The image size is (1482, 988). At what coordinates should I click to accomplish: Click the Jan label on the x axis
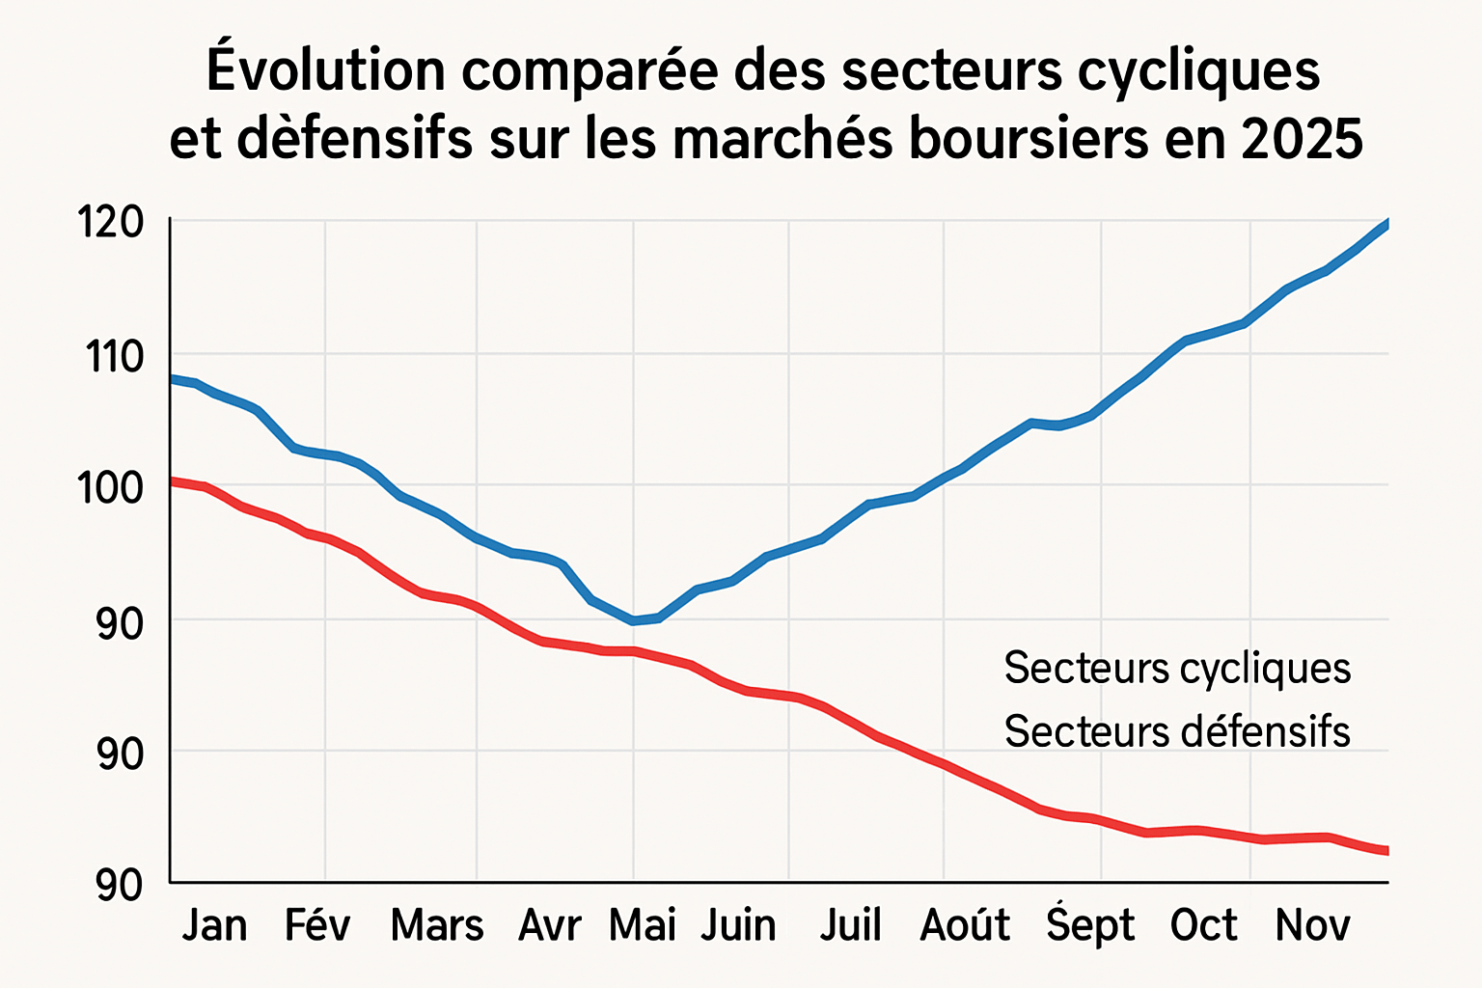[x=214, y=925]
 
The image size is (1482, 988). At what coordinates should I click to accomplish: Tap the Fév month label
[x=317, y=925]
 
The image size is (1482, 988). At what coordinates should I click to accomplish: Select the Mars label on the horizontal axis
[x=436, y=925]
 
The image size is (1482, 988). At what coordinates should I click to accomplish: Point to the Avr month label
[x=550, y=925]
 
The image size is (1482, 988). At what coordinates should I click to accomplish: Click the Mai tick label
[x=642, y=925]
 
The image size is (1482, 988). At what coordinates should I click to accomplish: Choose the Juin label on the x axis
[x=738, y=925]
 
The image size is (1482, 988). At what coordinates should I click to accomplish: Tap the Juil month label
[x=851, y=925]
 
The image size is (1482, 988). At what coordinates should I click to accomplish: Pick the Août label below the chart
[x=965, y=925]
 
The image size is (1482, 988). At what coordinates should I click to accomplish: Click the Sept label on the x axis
[x=1090, y=925]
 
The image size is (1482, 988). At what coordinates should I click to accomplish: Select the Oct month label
[x=1203, y=925]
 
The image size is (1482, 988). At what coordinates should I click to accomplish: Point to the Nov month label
[x=1312, y=925]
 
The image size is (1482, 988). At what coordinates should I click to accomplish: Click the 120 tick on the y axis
[x=110, y=223]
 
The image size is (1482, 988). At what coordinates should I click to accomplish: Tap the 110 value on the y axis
[x=114, y=357]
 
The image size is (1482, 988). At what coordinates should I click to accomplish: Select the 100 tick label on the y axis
[x=110, y=488]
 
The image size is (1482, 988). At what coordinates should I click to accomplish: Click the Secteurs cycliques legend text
[x=1177, y=668]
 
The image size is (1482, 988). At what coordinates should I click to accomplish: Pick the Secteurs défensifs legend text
[x=1177, y=731]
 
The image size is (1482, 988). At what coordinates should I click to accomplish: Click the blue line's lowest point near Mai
[x=634, y=620]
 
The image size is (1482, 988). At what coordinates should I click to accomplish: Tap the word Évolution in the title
[x=326, y=69]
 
